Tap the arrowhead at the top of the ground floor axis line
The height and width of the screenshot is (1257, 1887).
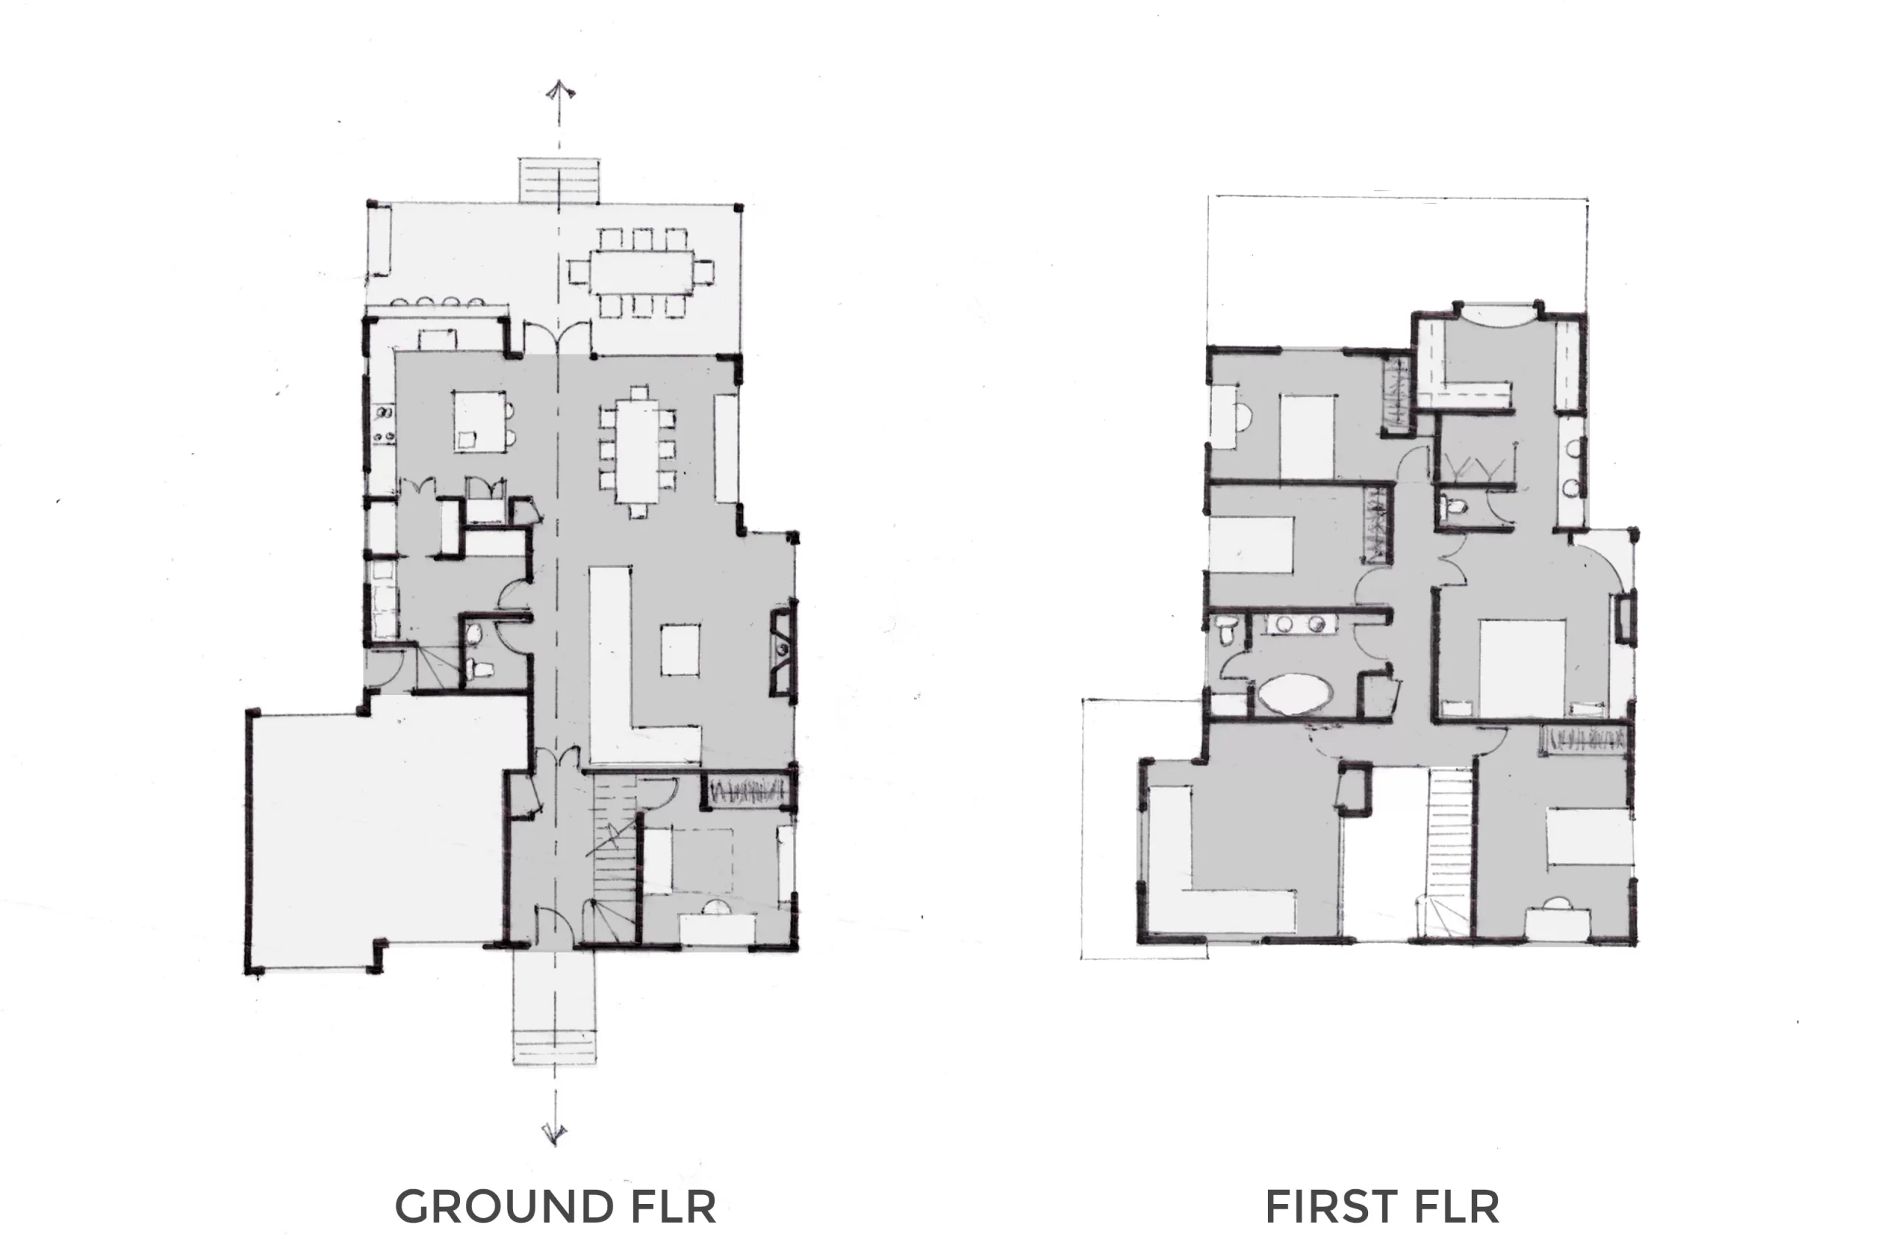pos(559,89)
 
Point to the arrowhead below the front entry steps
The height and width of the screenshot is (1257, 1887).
pos(554,1133)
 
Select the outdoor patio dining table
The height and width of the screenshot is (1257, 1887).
pos(641,273)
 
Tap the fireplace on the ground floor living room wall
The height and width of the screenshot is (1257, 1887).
pos(783,651)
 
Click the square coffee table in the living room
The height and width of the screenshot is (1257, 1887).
pos(680,650)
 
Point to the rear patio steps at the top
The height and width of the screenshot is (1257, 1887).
pos(559,181)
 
